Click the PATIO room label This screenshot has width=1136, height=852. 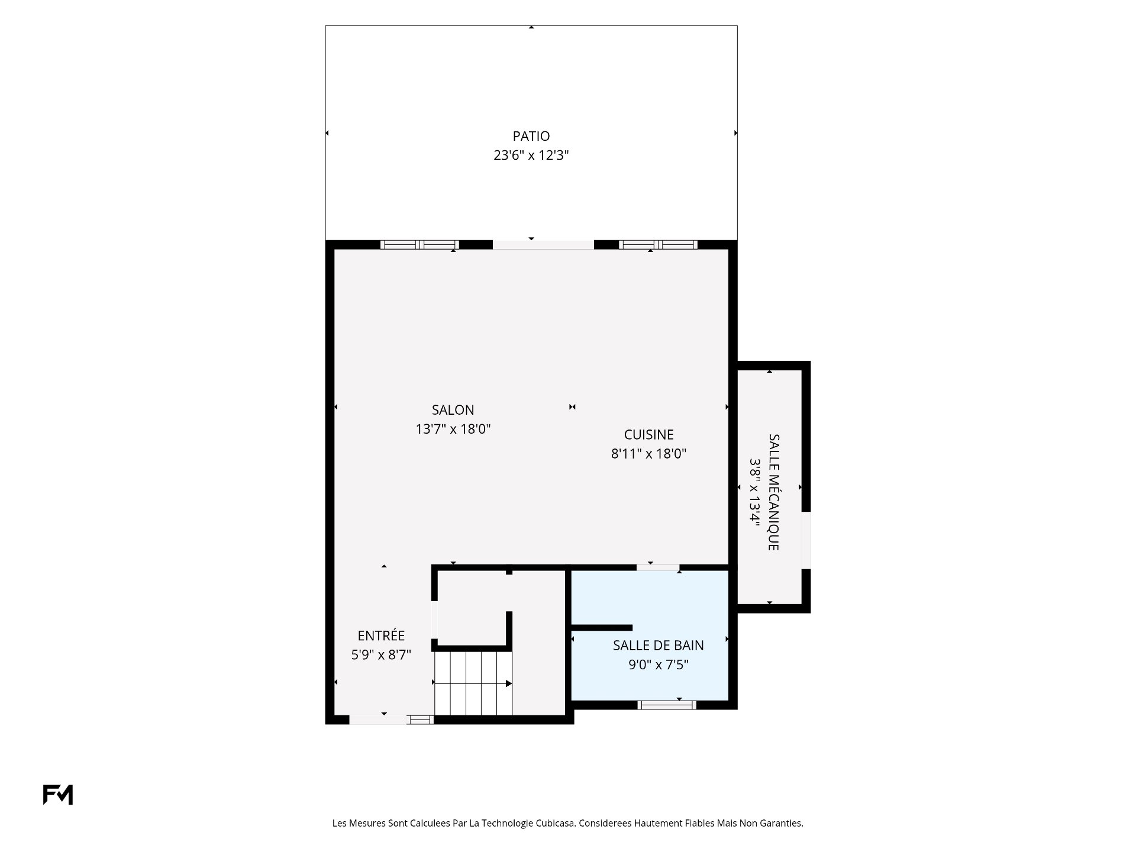click(x=531, y=136)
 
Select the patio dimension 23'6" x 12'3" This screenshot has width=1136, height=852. click(x=531, y=156)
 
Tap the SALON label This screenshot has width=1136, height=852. click(x=453, y=410)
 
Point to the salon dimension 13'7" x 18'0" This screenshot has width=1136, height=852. click(x=453, y=429)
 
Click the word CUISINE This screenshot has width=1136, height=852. click(x=649, y=435)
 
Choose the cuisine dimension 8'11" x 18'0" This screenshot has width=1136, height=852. click(x=648, y=454)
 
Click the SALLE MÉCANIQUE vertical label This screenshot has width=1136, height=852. click(x=773, y=492)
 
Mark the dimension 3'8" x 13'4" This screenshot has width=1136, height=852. click(x=754, y=492)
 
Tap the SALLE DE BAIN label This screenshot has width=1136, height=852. click(x=658, y=646)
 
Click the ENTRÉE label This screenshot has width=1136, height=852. click(x=381, y=636)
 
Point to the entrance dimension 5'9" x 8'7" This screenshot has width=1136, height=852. click(x=381, y=655)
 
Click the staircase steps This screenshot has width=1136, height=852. click(x=473, y=683)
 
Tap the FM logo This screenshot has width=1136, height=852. click(x=58, y=795)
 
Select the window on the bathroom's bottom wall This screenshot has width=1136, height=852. click(x=667, y=705)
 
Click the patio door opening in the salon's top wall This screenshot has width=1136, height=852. click(x=543, y=245)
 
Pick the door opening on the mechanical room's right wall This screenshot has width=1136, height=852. click(x=806, y=540)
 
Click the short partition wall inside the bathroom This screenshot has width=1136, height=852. click(x=602, y=628)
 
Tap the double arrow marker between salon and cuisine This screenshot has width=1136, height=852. click(x=572, y=407)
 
